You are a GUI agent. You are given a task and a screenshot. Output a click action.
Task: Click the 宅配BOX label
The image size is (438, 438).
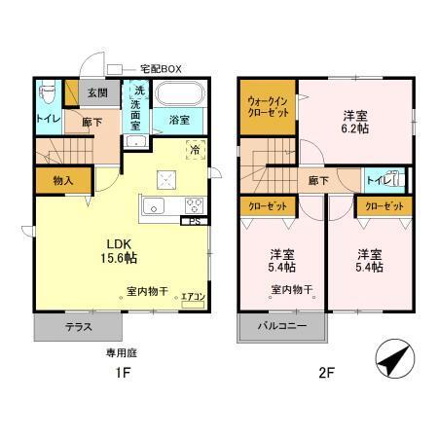tap(161, 68)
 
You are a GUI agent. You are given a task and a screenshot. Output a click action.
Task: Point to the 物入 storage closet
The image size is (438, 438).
tap(60, 180)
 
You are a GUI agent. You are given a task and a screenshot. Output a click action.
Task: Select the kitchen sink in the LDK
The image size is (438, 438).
tap(155, 206)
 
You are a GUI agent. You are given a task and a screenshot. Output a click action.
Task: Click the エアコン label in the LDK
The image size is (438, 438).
tap(193, 299)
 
